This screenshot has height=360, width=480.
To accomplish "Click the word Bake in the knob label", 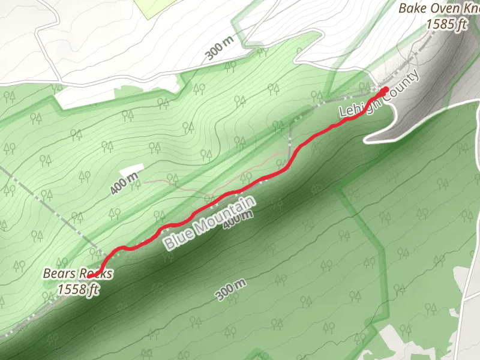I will (410, 9).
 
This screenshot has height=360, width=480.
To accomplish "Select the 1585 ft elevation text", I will (444, 23).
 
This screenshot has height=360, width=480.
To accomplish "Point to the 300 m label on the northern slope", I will (218, 49).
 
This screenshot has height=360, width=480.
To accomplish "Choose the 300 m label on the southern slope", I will (230, 290).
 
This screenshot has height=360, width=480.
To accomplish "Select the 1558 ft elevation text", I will (78, 289).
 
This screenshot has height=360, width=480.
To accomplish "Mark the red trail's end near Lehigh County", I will (385, 91).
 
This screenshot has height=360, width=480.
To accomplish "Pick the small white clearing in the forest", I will (133, 169).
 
